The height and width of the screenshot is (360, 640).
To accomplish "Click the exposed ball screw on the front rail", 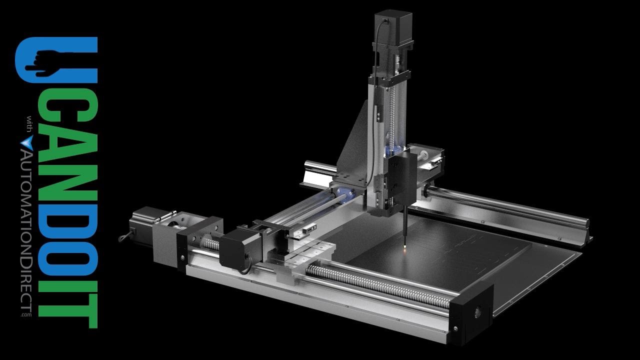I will pos(380,285).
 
